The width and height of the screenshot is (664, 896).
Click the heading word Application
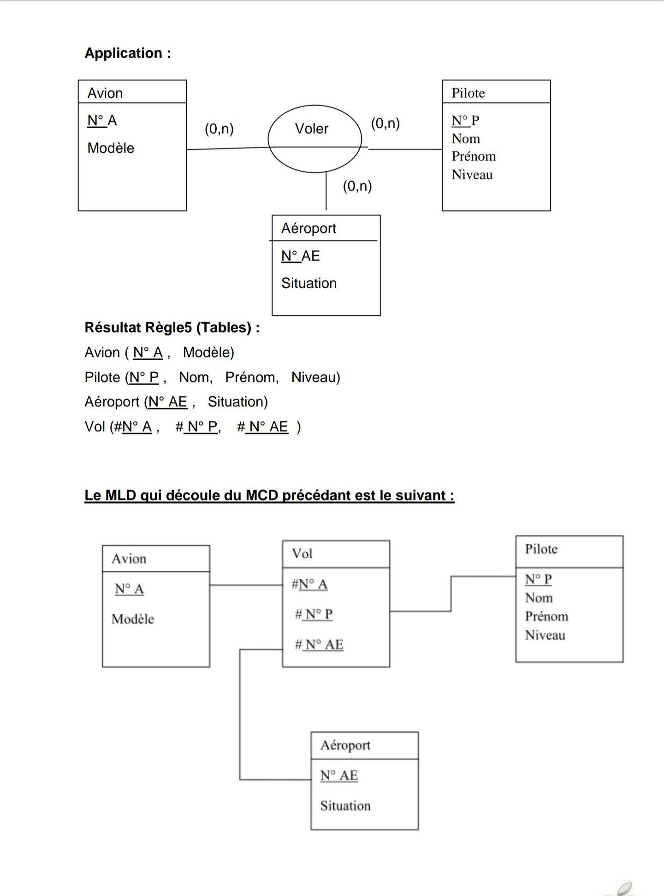tap(123, 53)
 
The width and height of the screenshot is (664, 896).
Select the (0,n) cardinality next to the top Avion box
tap(219, 129)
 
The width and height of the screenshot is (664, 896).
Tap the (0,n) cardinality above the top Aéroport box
tap(357, 186)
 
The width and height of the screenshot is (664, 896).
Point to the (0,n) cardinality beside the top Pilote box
tap(385, 123)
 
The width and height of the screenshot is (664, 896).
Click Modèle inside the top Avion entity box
tap(111, 148)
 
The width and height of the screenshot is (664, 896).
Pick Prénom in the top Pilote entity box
tap(474, 156)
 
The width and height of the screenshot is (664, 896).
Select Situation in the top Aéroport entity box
tap(309, 283)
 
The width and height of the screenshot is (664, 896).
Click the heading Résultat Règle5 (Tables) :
tap(172, 327)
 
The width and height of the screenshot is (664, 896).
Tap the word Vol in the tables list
tap(95, 427)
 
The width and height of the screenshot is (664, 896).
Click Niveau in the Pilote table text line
tap(315, 377)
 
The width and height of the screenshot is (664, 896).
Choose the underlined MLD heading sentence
tap(269, 495)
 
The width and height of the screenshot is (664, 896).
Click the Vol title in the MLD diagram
tap(302, 553)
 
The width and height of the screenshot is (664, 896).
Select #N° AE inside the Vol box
tap(319, 644)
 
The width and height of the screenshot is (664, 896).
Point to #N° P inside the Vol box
tap(314, 614)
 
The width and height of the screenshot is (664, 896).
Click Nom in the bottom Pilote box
tap(539, 598)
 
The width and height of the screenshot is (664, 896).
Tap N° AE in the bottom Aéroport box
tap(339, 775)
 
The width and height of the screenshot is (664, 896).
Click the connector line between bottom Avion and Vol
tap(246, 585)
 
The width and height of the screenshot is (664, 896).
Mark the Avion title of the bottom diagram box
tap(129, 558)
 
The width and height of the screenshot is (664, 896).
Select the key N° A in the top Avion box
tap(102, 120)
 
